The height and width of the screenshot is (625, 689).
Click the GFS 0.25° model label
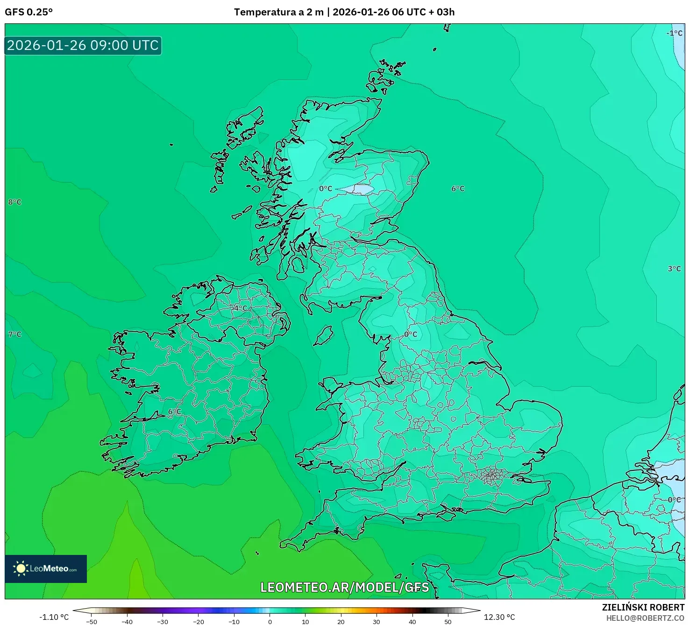click(28, 12)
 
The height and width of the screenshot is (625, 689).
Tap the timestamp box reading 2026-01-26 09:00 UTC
click(83, 45)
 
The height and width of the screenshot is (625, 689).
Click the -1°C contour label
click(674, 33)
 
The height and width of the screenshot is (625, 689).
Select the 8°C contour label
click(15, 202)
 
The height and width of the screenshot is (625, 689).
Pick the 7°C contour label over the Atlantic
click(15, 334)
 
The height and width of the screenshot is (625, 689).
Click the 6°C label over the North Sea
click(458, 189)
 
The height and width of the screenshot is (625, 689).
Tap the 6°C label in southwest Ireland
click(175, 412)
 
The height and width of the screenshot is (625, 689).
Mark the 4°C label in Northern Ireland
click(241, 308)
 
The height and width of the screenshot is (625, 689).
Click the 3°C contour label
click(674, 269)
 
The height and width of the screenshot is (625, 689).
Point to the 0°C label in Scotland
click(326, 189)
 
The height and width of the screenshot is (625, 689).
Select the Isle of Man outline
click(324, 335)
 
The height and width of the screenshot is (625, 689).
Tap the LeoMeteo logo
click(46, 568)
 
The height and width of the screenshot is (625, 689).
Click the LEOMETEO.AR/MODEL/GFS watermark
click(344, 587)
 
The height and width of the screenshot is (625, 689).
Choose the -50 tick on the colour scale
click(92, 622)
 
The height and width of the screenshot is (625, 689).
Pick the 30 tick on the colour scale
click(376, 622)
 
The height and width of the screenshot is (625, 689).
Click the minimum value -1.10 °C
click(54, 617)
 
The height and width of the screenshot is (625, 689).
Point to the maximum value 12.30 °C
click(499, 617)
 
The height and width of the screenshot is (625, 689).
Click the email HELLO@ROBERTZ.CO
click(645, 618)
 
